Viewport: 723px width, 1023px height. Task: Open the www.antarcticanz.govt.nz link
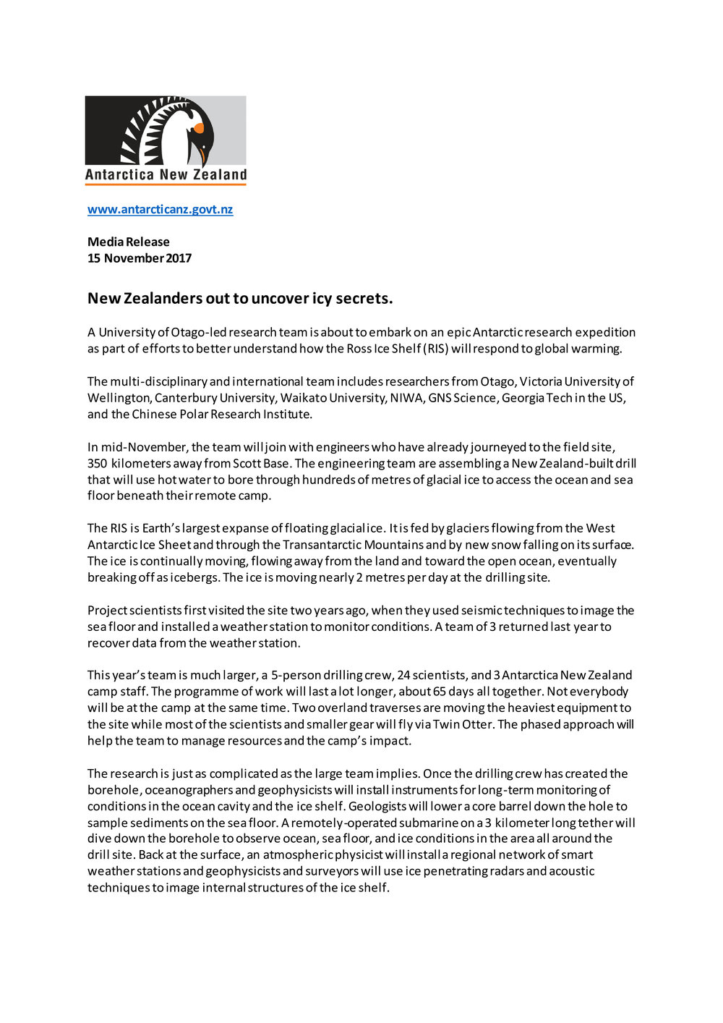tap(160, 209)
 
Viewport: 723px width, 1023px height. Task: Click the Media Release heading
tap(129, 242)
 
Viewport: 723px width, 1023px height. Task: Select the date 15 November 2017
tap(140, 258)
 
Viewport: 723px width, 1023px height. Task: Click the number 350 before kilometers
tap(98, 463)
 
